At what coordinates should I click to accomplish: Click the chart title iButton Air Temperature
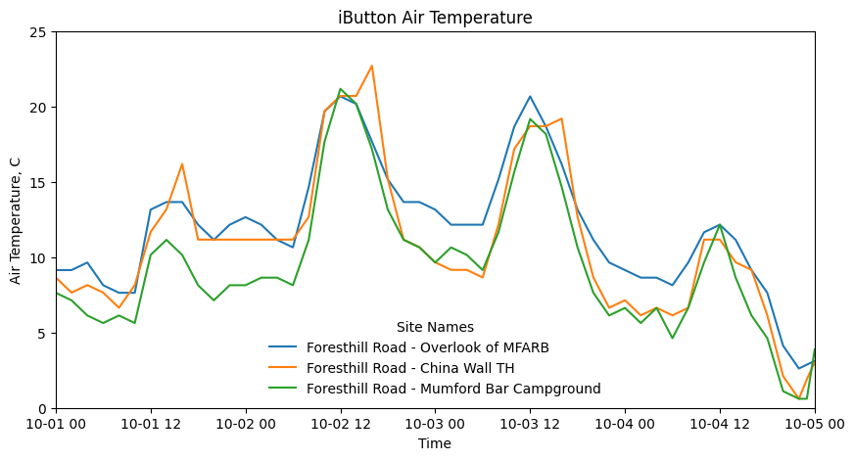435,18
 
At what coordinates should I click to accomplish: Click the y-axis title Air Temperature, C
16,220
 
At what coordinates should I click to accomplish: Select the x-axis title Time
435,443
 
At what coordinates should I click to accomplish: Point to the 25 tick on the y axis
40,32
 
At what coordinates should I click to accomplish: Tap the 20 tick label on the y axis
40,108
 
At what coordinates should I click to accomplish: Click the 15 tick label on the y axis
40,183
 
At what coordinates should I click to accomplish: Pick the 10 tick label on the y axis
40,258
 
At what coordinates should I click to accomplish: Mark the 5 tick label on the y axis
44,334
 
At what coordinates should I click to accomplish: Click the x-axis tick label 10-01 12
151,425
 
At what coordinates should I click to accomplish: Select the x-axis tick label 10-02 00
246,425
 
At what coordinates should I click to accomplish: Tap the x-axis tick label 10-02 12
341,425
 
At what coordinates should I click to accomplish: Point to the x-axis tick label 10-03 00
435,425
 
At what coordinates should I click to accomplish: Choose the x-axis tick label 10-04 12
720,425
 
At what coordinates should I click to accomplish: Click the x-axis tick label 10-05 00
815,425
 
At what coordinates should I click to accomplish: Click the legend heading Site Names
435,327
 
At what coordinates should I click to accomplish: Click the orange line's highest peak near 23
372,66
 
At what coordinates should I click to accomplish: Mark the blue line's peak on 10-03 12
530,96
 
